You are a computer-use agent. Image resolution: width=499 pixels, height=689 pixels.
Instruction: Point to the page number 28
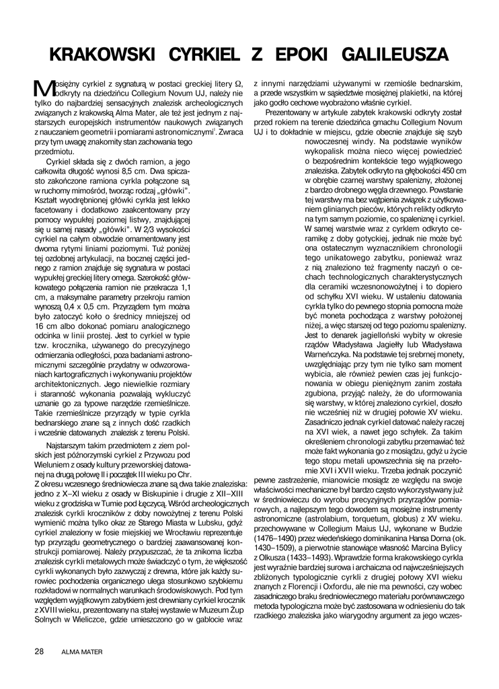point(40,651)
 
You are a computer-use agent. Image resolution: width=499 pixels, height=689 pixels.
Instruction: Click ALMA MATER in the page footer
point(79,652)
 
